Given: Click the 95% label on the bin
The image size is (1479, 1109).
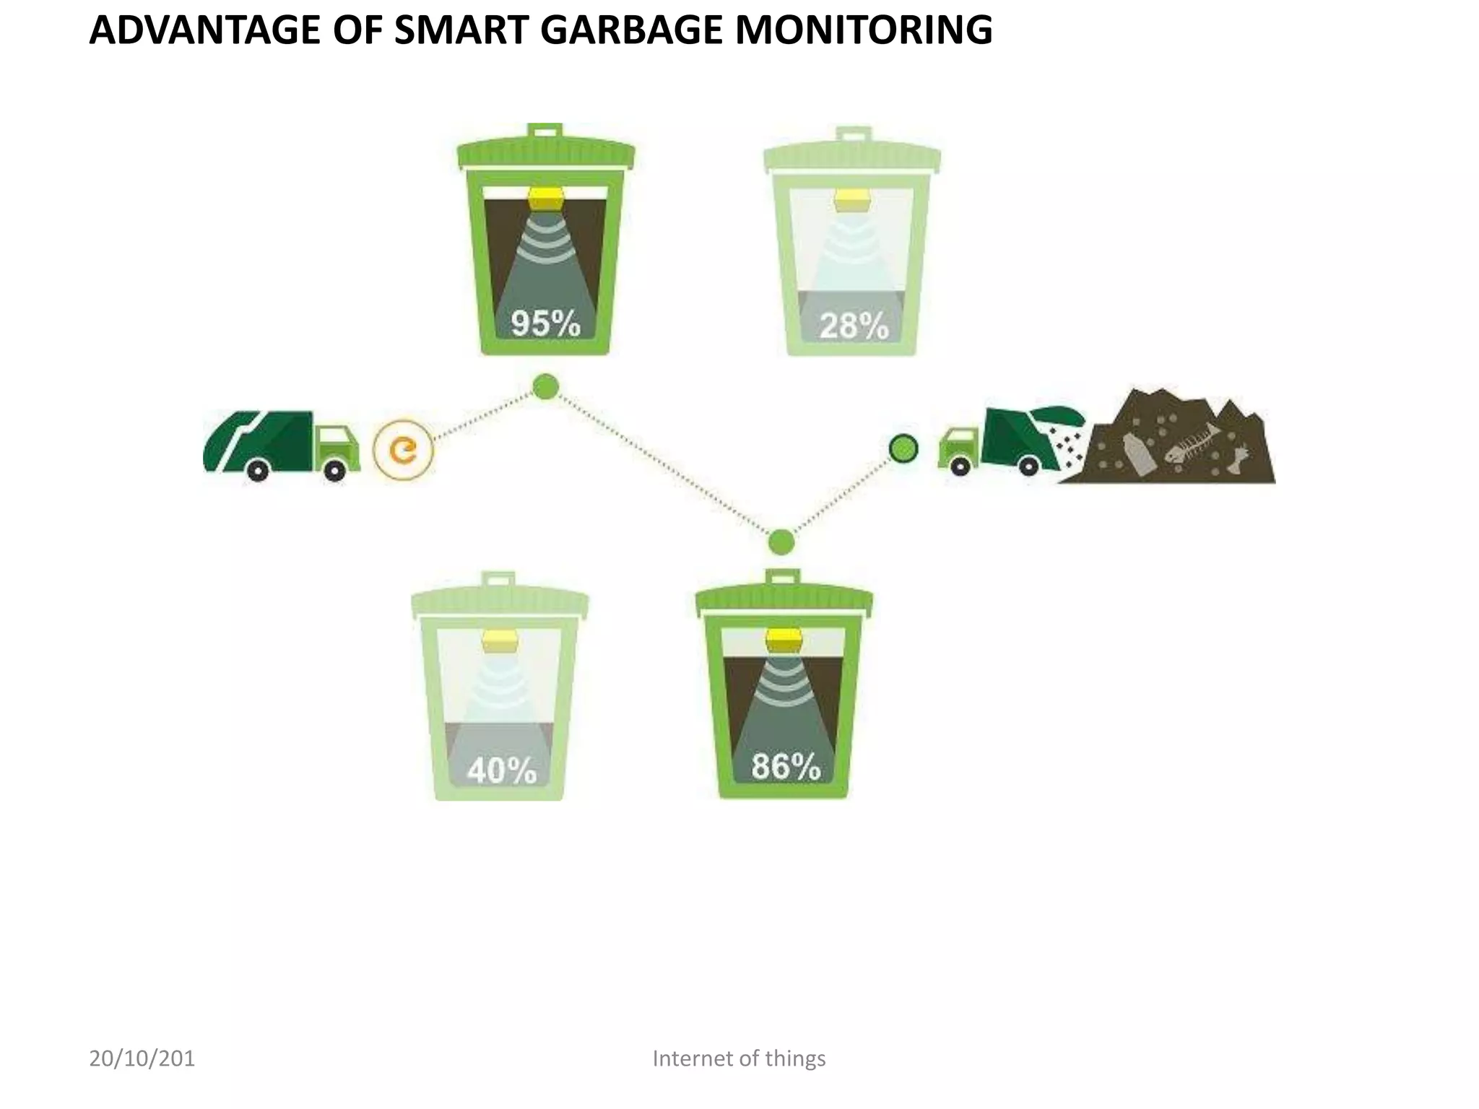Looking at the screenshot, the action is (x=545, y=323).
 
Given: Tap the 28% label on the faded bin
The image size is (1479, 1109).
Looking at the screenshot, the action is (x=853, y=326).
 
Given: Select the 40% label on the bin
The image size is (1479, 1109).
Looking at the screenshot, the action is (x=501, y=770).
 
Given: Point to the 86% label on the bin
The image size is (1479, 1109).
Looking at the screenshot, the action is (x=786, y=766).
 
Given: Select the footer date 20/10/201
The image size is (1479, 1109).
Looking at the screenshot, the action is (x=142, y=1058).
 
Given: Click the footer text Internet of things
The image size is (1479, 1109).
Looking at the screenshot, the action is (x=739, y=1058).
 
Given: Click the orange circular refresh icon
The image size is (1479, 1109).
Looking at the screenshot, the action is (x=403, y=451).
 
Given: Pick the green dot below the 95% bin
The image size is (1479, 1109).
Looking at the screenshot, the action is (x=545, y=386).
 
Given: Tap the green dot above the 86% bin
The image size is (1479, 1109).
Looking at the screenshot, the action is (x=781, y=542).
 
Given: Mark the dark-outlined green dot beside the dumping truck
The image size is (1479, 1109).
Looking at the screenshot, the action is (x=903, y=448).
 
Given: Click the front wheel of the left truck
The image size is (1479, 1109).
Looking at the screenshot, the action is (x=334, y=471).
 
